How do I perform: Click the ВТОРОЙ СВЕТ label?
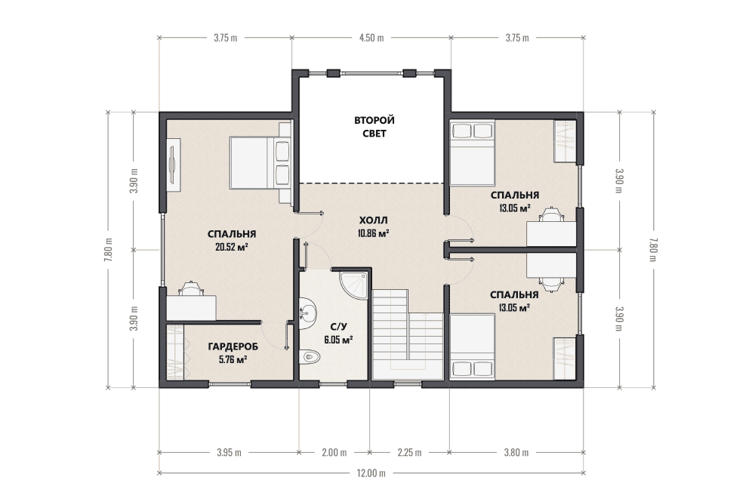(374, 127)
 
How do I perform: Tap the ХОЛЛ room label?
(373, 220)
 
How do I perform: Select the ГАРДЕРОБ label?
(233, 346)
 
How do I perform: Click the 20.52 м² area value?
(232, 248)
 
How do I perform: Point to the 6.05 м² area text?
(338, 340)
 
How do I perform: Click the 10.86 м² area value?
(373, 234)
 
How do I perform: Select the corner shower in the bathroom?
(354, 286)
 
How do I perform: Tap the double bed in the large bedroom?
(260, 163)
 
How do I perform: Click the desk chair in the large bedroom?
(191, 288)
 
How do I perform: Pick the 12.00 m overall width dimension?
(371, 473)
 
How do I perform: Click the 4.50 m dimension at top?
(371, 38)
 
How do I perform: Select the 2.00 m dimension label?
(334, 452)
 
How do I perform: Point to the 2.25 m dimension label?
(409, 452)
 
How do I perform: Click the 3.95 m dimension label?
(229, 452)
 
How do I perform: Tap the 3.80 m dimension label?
(516, 452)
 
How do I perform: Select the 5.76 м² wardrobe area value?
(233, 359)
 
